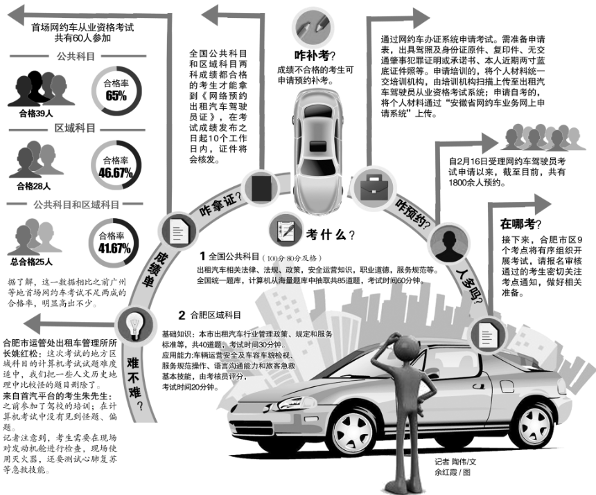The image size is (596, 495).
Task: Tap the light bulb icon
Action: coord(132,323)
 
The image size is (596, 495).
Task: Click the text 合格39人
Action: coord(33,111)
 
